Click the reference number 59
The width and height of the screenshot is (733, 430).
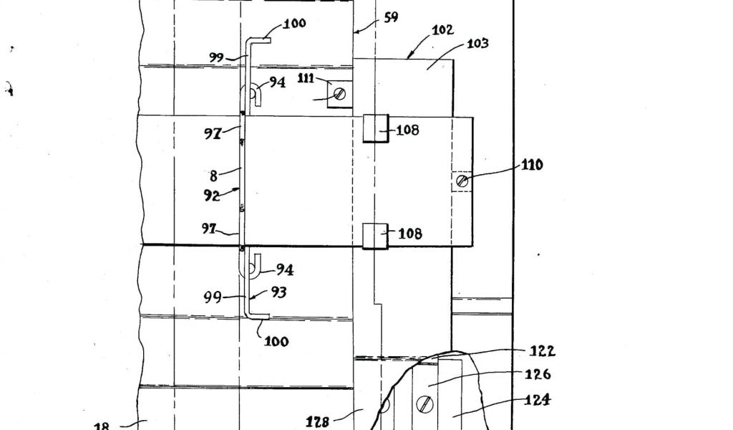(x=391, y=16)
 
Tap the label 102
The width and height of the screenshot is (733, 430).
(x=442, y=30)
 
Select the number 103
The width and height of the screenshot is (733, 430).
(x=477, y=44)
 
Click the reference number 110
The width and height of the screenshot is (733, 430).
(x=532, y=165)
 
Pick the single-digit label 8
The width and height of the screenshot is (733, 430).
(x=213, y=175)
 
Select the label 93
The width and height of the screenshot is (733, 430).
(x=279, y=292)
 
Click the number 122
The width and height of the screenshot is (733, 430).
(x=542, y=351)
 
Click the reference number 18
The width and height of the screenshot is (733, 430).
(x=102, y=426)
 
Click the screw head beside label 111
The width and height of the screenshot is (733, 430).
(x=340, y=93)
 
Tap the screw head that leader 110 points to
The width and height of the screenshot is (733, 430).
(x=462, y=181)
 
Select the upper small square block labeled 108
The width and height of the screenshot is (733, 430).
(x=375, y=128)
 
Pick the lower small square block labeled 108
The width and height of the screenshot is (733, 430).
(x=375, y=236)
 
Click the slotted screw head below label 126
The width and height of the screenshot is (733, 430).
(x=426, y=406)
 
